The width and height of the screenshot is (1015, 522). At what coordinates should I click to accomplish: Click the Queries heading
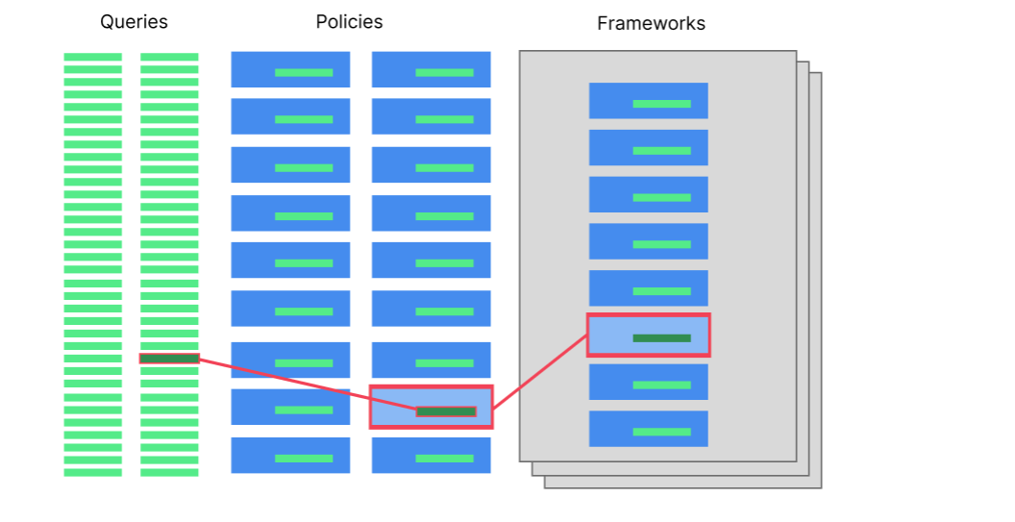click(134, 22)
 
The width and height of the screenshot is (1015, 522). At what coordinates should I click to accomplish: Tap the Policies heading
click(349, 22)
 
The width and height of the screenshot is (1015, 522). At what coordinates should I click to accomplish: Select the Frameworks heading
click(651, 24)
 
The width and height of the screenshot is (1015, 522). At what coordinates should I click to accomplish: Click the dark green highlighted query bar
click(169, 359)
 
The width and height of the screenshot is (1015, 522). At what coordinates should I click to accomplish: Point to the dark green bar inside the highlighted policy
click(445, 411)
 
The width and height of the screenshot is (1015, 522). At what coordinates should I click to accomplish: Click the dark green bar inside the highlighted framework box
click(661, 338)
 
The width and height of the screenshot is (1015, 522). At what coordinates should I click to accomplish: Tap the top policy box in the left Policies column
click(290, 69)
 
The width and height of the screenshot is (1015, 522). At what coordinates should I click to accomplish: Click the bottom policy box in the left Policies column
click(290, 455)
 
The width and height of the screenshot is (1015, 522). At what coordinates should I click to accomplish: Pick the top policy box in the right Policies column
click(431, 69)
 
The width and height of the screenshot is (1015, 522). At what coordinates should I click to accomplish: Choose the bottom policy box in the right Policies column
click(431, 455)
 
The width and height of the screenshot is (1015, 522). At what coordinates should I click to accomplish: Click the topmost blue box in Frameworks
click(648, 101)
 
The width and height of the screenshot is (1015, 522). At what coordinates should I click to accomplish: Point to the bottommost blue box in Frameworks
click(648, 429)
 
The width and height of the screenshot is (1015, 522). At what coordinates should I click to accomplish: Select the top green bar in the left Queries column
click(93, 57)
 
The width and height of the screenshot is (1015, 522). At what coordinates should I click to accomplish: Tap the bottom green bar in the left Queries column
click(93, 472)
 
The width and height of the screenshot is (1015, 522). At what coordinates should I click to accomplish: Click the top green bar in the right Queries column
click(169, 57)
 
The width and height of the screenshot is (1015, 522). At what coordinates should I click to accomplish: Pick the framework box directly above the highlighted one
click(648, 288)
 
